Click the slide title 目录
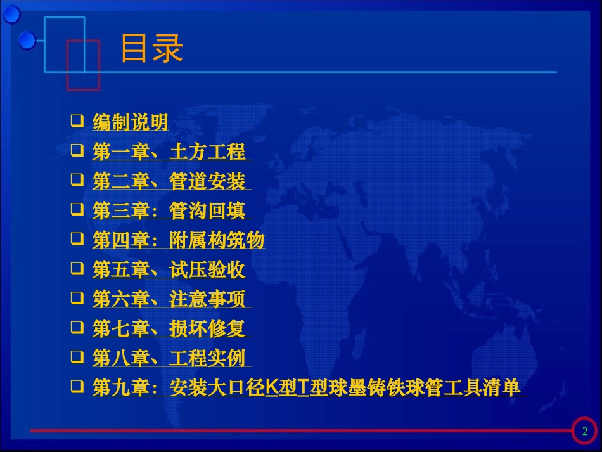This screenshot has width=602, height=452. (151, 49)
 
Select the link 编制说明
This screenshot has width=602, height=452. (130, 122)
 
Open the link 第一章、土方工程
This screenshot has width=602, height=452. (169, 152)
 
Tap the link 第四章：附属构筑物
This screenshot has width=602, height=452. (178, 240)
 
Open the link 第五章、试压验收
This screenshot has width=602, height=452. (169, 270)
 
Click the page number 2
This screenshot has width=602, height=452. (585, 432)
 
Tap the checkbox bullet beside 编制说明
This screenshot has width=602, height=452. (77, 120)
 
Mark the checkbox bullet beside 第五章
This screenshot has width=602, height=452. (77, 269)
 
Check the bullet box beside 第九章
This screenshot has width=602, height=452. (77, 386)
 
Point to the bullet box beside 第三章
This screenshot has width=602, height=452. (77, 210)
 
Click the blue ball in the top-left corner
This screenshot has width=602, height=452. (11, 13)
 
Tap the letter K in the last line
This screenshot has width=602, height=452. (271, 387)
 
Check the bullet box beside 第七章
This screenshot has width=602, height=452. (77, 327)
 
